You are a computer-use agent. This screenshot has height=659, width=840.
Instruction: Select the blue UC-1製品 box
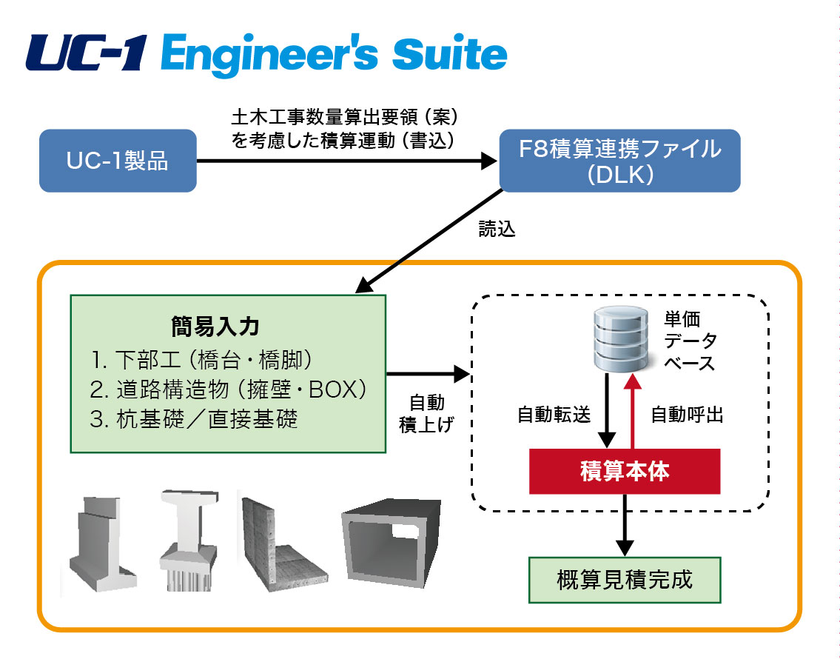(118, 161)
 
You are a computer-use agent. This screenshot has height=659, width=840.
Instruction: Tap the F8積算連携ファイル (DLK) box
(619, 161)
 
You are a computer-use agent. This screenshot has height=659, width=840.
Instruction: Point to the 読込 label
(497, 229)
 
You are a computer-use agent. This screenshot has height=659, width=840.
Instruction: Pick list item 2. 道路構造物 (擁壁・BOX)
(229, 389)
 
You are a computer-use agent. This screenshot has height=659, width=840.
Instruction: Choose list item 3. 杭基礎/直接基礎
(194, 419)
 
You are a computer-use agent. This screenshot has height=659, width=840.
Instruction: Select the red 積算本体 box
(625, 472)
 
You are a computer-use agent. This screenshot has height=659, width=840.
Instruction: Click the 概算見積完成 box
(625, 578)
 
